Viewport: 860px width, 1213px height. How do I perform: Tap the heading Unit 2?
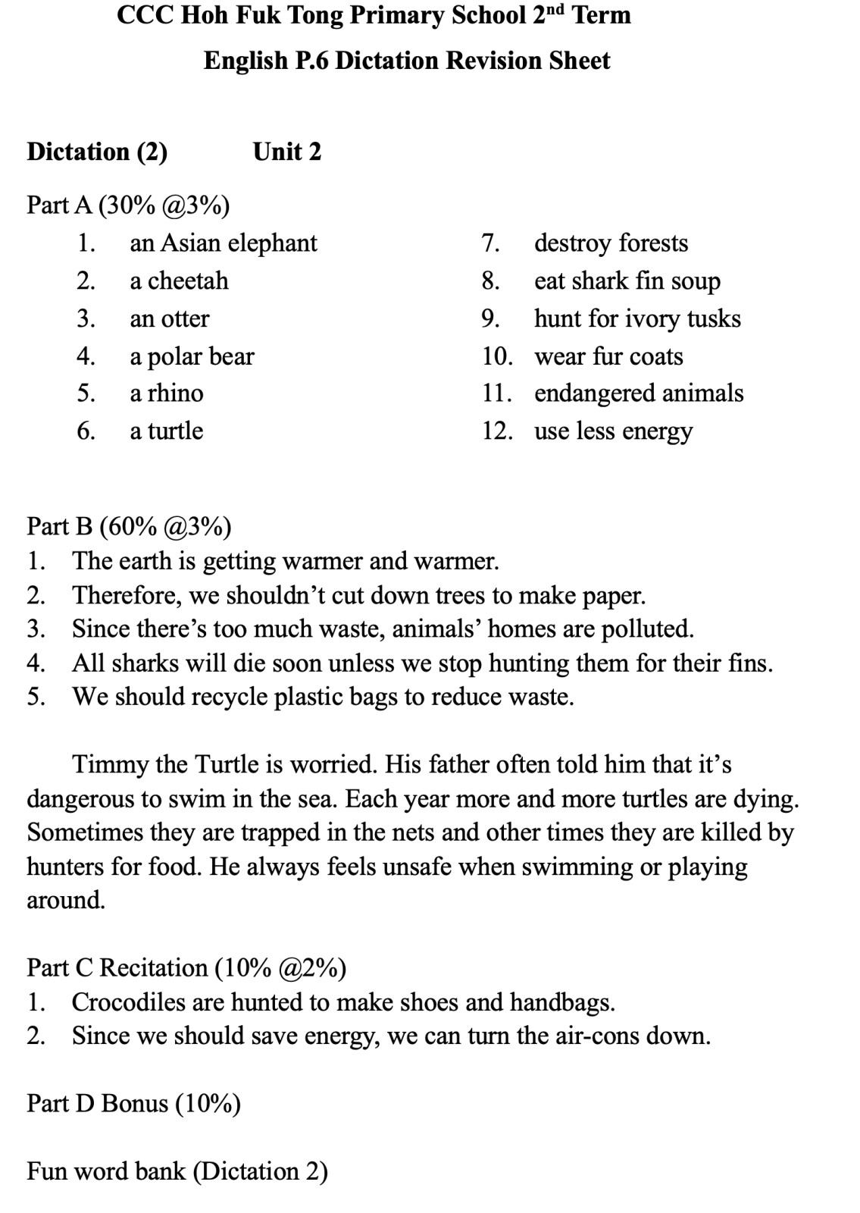point(287,152)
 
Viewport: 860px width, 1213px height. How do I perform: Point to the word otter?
point(185,319)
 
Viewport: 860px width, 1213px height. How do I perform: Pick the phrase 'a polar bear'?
point(192,356)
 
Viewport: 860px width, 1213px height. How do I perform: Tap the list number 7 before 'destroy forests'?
point(490,243)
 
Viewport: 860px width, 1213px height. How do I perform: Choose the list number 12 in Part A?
point(497,431)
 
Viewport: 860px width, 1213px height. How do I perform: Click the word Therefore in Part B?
point(127,596)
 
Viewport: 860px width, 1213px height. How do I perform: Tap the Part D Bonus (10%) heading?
point(133,1104)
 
